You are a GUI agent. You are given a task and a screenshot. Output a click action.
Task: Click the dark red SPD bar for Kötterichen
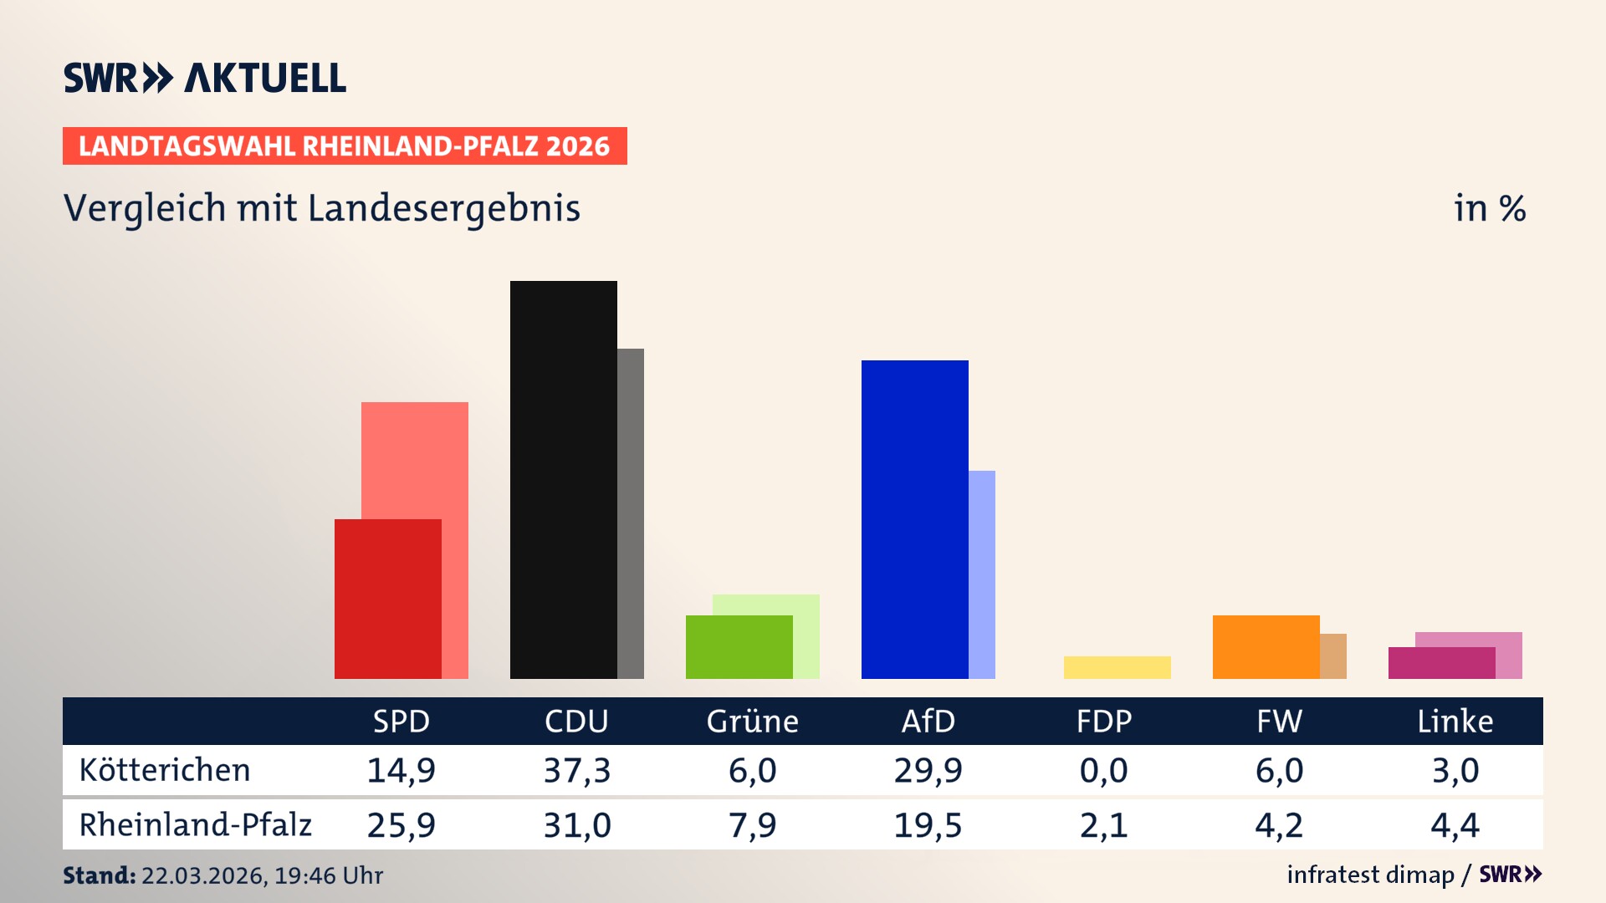tap(387, 599)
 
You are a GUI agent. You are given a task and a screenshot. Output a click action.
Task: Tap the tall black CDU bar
tap(563, 479)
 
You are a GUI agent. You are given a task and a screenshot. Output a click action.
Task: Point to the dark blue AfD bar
tap(914, 519)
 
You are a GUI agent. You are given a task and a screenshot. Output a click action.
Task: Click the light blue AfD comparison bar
tap(982, 574)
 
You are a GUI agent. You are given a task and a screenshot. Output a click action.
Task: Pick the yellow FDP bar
tap(1117, 667)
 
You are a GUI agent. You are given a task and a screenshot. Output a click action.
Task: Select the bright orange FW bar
tap(1266, 646)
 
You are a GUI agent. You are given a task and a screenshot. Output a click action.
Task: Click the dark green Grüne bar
tap(739, 646)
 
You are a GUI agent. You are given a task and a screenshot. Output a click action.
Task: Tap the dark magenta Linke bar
tap(1441, 663)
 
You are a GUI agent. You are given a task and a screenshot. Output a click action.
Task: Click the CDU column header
tap(576, 721)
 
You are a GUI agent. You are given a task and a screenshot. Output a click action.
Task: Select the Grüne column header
tap(752, 721)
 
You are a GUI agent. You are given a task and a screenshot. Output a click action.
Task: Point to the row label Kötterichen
tap(165, 770)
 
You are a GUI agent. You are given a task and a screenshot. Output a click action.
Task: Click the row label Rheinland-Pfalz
tap(195, 824)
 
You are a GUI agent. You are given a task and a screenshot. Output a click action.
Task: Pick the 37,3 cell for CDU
tap(576, 770)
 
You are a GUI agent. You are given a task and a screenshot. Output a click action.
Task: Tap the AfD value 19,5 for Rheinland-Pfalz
tap(928, 825)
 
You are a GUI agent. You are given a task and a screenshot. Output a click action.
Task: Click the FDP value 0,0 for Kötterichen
tap(1103, 770)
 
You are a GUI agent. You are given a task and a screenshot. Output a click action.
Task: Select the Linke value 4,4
tap(1455, 825)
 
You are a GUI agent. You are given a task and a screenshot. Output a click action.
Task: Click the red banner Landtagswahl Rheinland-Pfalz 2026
tap(345, 145)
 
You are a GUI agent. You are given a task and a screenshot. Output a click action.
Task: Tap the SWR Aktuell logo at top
tap(205, 78)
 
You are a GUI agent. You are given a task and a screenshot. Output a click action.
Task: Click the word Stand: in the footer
tap(99, 875)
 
